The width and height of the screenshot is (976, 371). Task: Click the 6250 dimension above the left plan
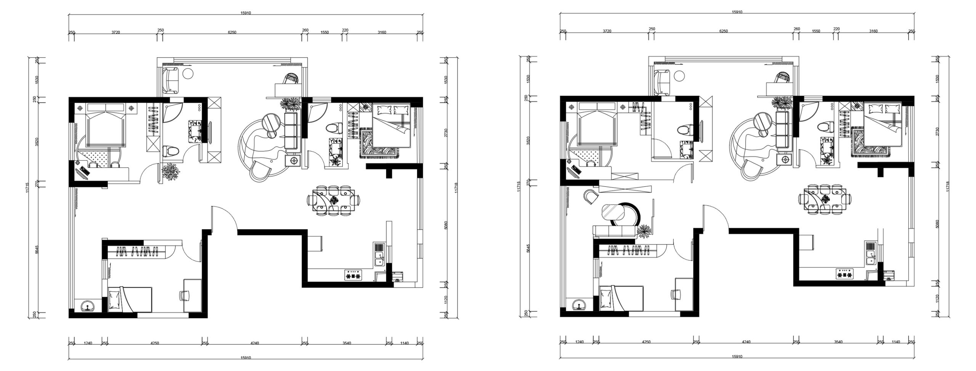(232, 32)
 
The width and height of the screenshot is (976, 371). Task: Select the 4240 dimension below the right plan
(746, 342)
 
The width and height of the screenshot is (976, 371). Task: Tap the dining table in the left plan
(334, 201)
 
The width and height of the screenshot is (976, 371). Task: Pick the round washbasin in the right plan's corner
(580, 305)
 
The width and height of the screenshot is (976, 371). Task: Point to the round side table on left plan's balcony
(188, 74)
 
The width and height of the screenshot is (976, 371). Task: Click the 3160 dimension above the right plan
(873, 31)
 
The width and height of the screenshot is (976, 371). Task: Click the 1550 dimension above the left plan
(324, 32)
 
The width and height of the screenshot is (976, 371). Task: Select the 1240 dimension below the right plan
(579, 342)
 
